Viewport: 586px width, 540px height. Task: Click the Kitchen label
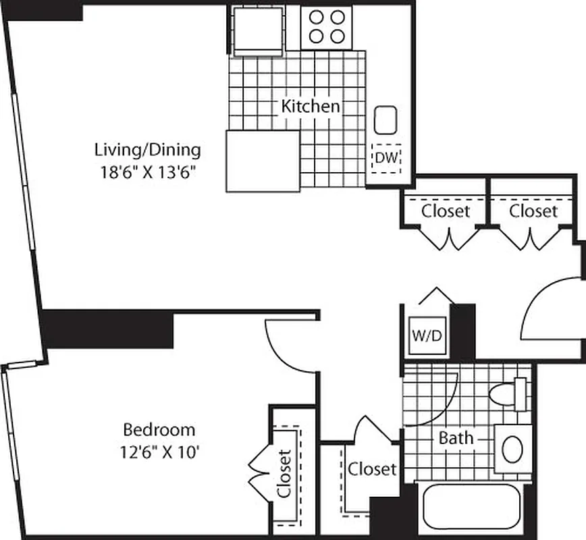(310, 106)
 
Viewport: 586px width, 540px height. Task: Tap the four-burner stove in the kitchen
(325, 27)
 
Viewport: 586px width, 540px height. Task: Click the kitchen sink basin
(386, 120)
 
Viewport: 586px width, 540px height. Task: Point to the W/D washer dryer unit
(428, 335)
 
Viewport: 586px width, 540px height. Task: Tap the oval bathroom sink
(512, 449)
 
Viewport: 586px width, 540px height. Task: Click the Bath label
(456, 438)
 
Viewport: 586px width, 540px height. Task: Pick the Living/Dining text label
(147, 149)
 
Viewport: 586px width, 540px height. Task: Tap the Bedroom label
(159, 429)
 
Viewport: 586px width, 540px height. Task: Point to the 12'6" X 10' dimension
(159, 452)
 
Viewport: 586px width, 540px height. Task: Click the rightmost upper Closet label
(533, 211)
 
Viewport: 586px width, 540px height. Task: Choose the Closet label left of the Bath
(372, 468)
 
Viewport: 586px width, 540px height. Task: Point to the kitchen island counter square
(262, 161)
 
